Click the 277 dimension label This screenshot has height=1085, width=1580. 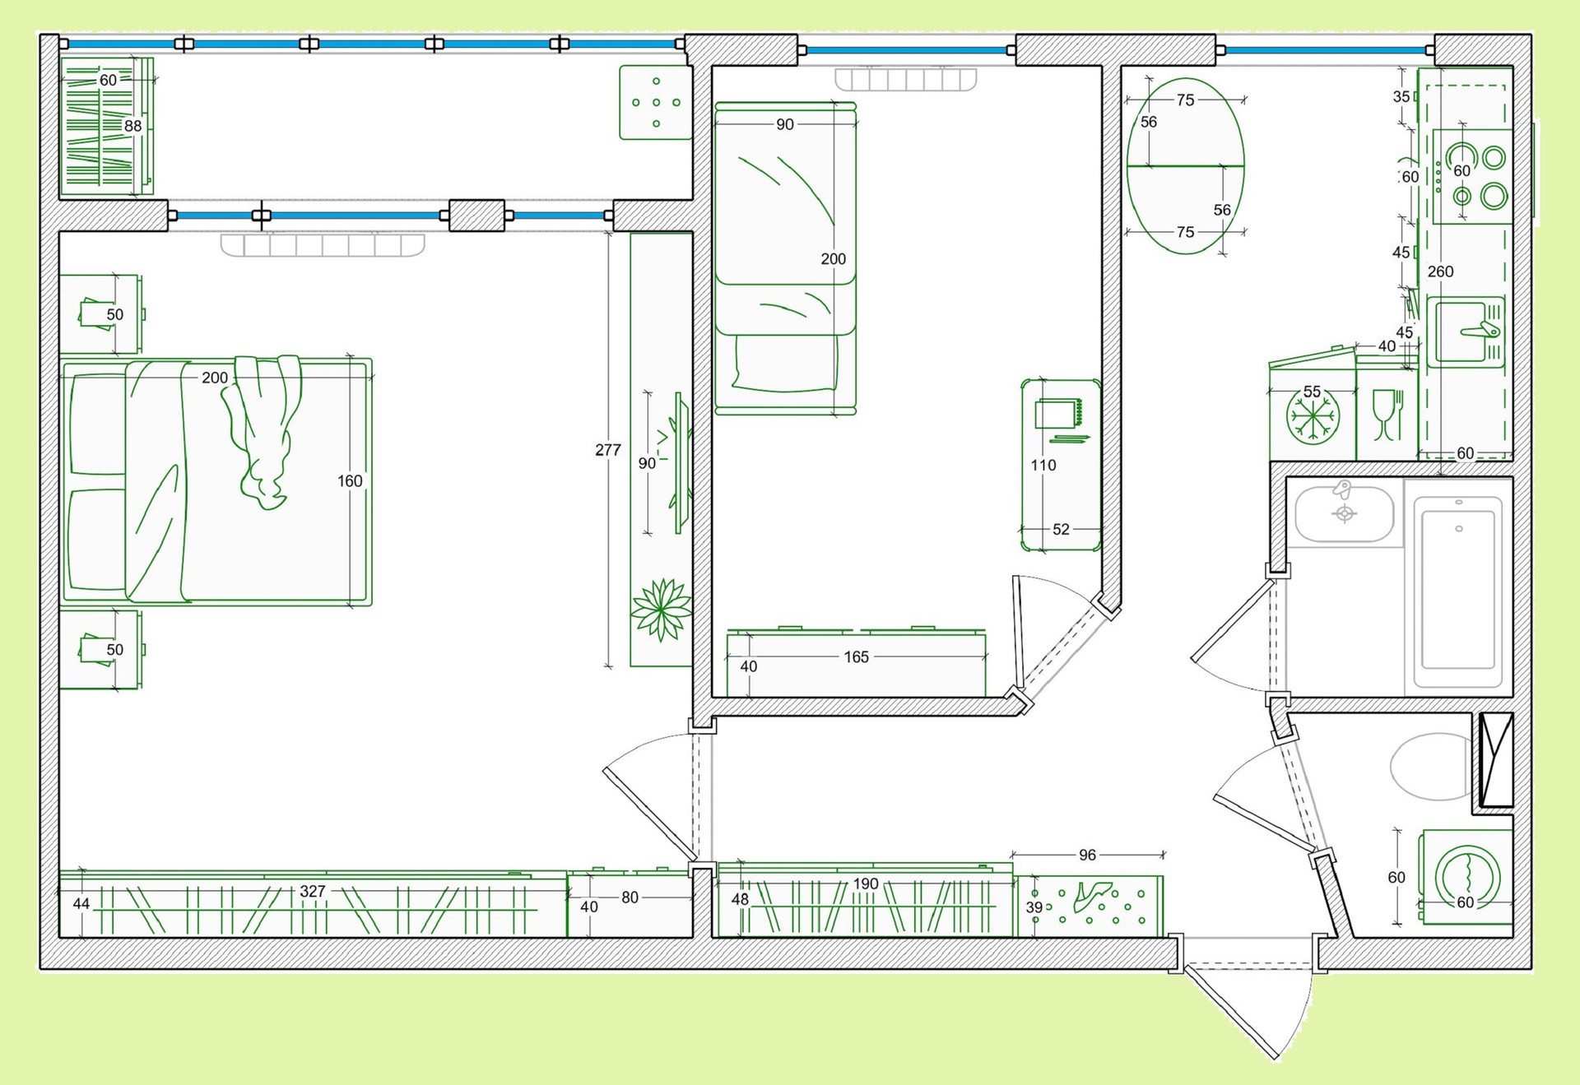coord(608,450)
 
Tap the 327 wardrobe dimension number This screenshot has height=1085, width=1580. coord(313,891)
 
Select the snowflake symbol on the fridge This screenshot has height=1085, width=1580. coord(1313,415)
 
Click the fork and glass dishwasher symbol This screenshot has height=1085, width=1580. coord(1387,415)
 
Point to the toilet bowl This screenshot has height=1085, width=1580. coord(1430,767)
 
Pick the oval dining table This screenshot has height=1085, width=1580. coord(1185,166)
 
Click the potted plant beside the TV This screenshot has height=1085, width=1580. coord(661,610)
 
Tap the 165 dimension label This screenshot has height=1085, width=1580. coord(856,657)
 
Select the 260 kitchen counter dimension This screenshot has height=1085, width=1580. coord(1440,271)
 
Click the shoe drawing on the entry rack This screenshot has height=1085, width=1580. coord(1093,894)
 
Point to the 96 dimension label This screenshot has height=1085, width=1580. coord(1087,855)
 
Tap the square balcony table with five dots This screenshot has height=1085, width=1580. coord(656,103)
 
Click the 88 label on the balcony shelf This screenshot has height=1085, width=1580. coord(132,126)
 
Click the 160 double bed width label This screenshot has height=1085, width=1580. coord(350,481)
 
